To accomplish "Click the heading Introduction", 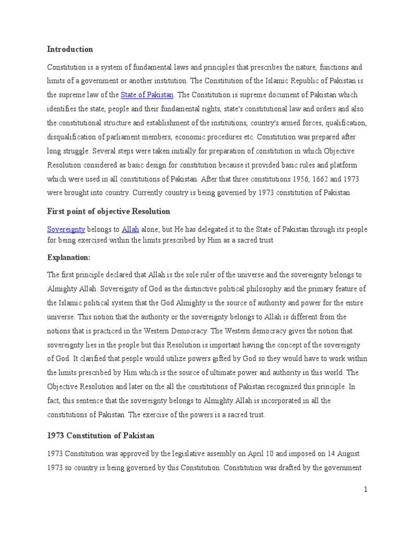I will pos(70,49).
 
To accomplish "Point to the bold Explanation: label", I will pos(69,258).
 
